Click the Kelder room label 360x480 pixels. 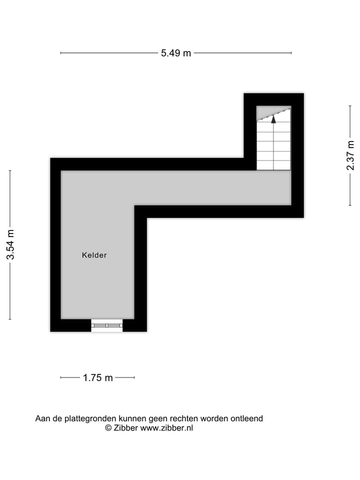[x=94, y=255]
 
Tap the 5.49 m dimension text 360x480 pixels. [x=175, y=53]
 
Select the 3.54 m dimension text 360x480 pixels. [x=10, y=244]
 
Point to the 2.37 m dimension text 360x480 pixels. [x=350, y=155]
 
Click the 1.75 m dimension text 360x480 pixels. [x=97, y=378]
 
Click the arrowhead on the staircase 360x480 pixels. [x=273, y=119]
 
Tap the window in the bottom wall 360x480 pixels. [x=107, y=325]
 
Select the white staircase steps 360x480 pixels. [x=273, y=147]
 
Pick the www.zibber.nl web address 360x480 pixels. [x=166, y=428]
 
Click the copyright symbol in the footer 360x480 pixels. [x=108, y=428]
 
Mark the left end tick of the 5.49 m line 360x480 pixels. [x=61, y=52]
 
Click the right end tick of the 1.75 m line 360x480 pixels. [x=134, y=377]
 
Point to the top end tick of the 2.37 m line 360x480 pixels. [x=350, y=106]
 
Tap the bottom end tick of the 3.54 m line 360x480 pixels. [x=10, y=319]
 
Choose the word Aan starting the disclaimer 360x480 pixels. [x=42, y=418]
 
